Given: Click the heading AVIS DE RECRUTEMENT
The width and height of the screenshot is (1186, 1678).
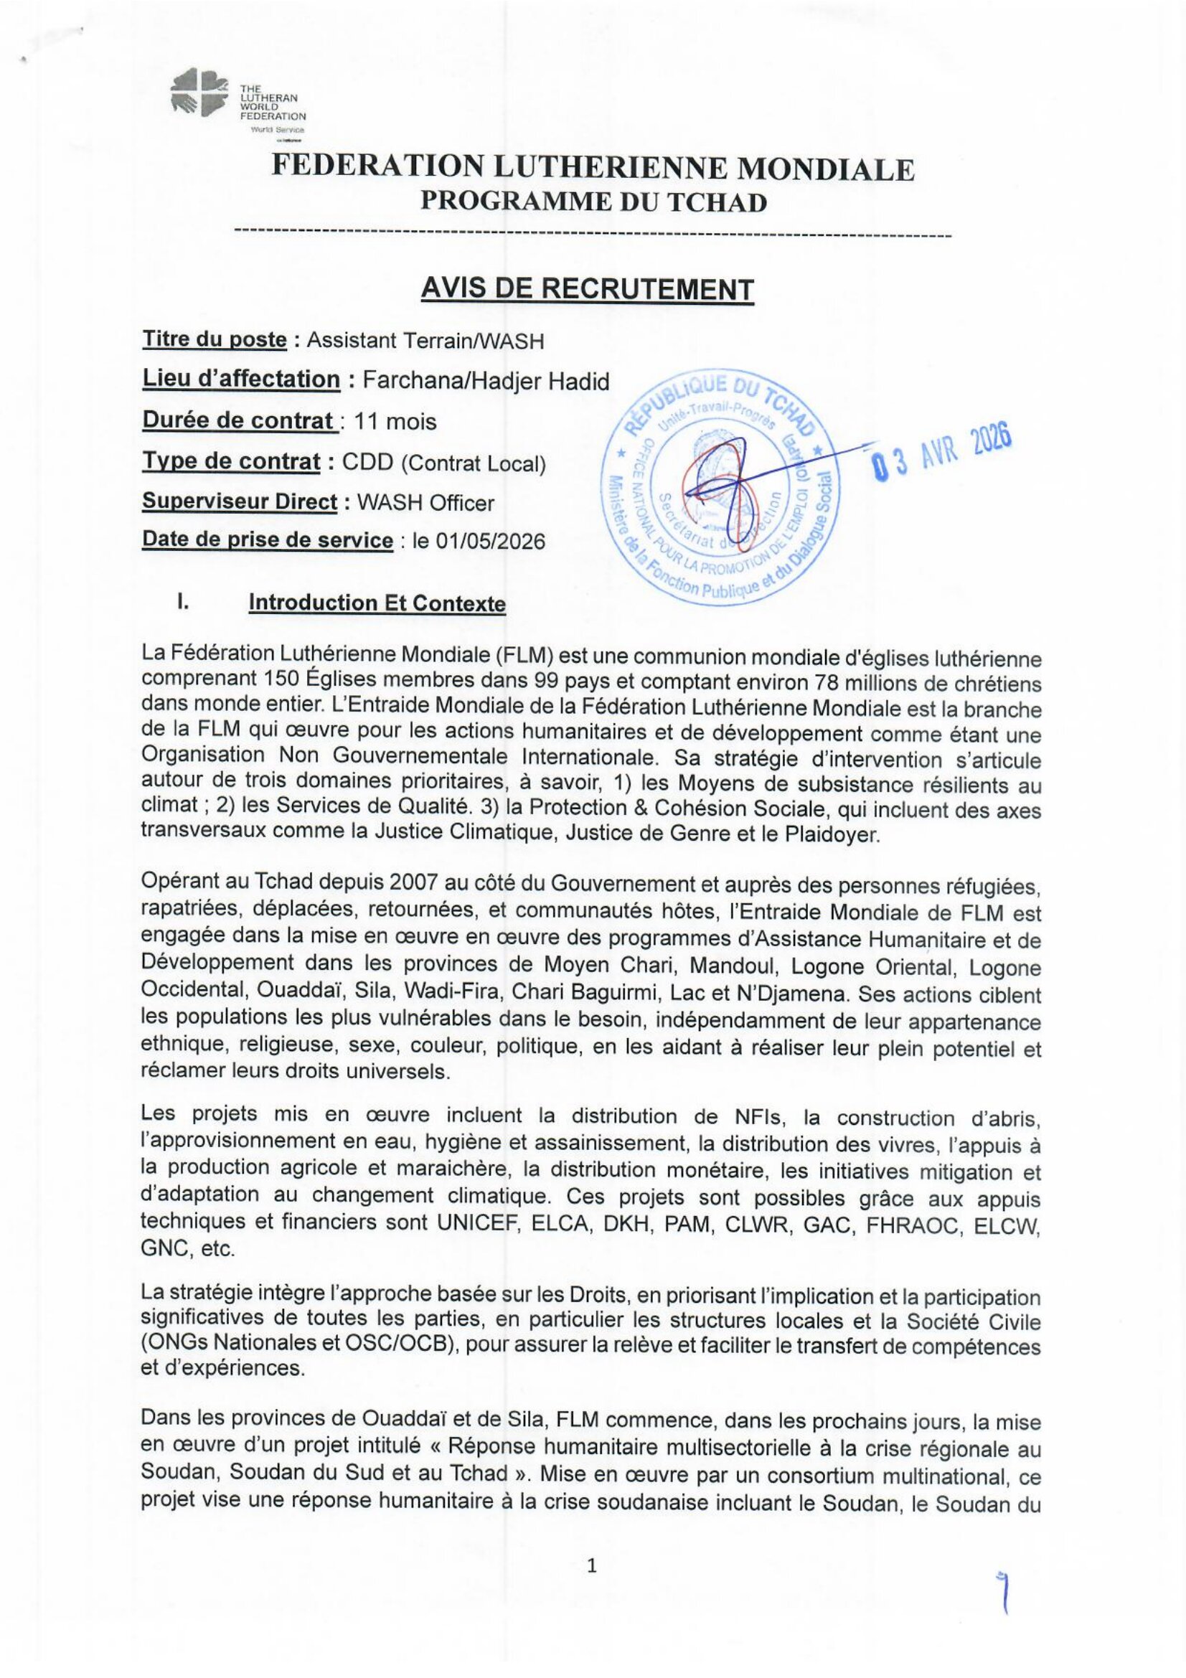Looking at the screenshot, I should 587,289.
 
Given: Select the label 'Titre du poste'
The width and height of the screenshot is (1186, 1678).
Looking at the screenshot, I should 214,339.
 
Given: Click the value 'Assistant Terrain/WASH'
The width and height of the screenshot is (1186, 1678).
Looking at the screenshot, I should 425,340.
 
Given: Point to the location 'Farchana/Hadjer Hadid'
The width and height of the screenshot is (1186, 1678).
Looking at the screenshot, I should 486,381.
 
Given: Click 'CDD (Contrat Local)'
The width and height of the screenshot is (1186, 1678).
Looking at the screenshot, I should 444,463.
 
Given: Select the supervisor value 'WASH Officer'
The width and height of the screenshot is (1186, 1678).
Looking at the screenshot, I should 425,503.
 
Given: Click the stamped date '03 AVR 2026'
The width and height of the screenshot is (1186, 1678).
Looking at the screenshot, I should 941,451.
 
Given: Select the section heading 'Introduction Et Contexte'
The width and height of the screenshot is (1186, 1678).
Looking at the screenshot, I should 377,603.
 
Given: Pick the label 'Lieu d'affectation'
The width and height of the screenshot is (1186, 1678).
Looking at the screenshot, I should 241,380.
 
